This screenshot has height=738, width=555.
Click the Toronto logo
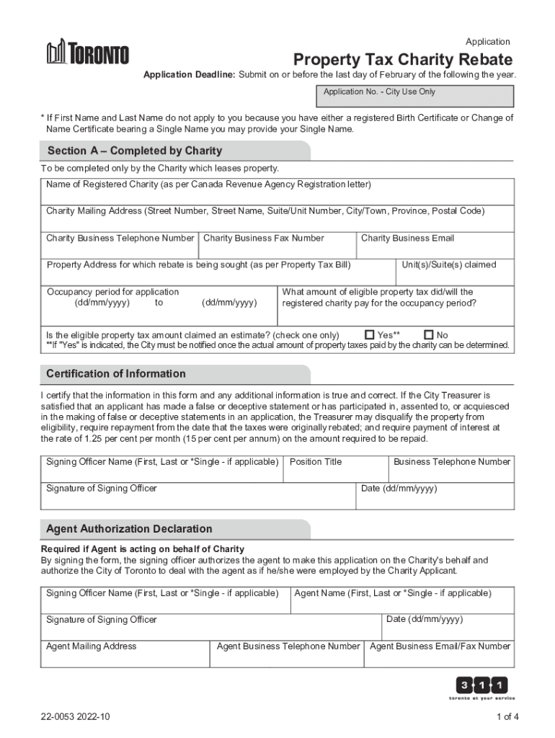point(88,53)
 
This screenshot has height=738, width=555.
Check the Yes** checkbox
point(370,335)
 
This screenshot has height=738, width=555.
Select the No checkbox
point(429,335)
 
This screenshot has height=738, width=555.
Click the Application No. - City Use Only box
point(414,97)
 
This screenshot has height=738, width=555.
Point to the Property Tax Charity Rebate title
point(402,60)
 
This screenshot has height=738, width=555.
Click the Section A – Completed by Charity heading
point(135,151)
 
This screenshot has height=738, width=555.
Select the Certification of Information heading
point(116,374)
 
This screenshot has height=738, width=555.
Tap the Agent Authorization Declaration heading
point(129,529)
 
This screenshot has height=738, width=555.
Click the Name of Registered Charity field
point(277,192)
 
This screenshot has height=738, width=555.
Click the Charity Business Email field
point(435,246)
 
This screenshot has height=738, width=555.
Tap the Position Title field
point(335,469)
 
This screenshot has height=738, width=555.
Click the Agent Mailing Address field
point(125,654)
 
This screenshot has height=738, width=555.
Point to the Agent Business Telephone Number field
point(288,654)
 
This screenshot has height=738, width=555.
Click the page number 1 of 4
point(507,716)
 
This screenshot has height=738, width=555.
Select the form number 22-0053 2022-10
point(76,716)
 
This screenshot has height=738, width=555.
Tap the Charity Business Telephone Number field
point(120,246)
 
